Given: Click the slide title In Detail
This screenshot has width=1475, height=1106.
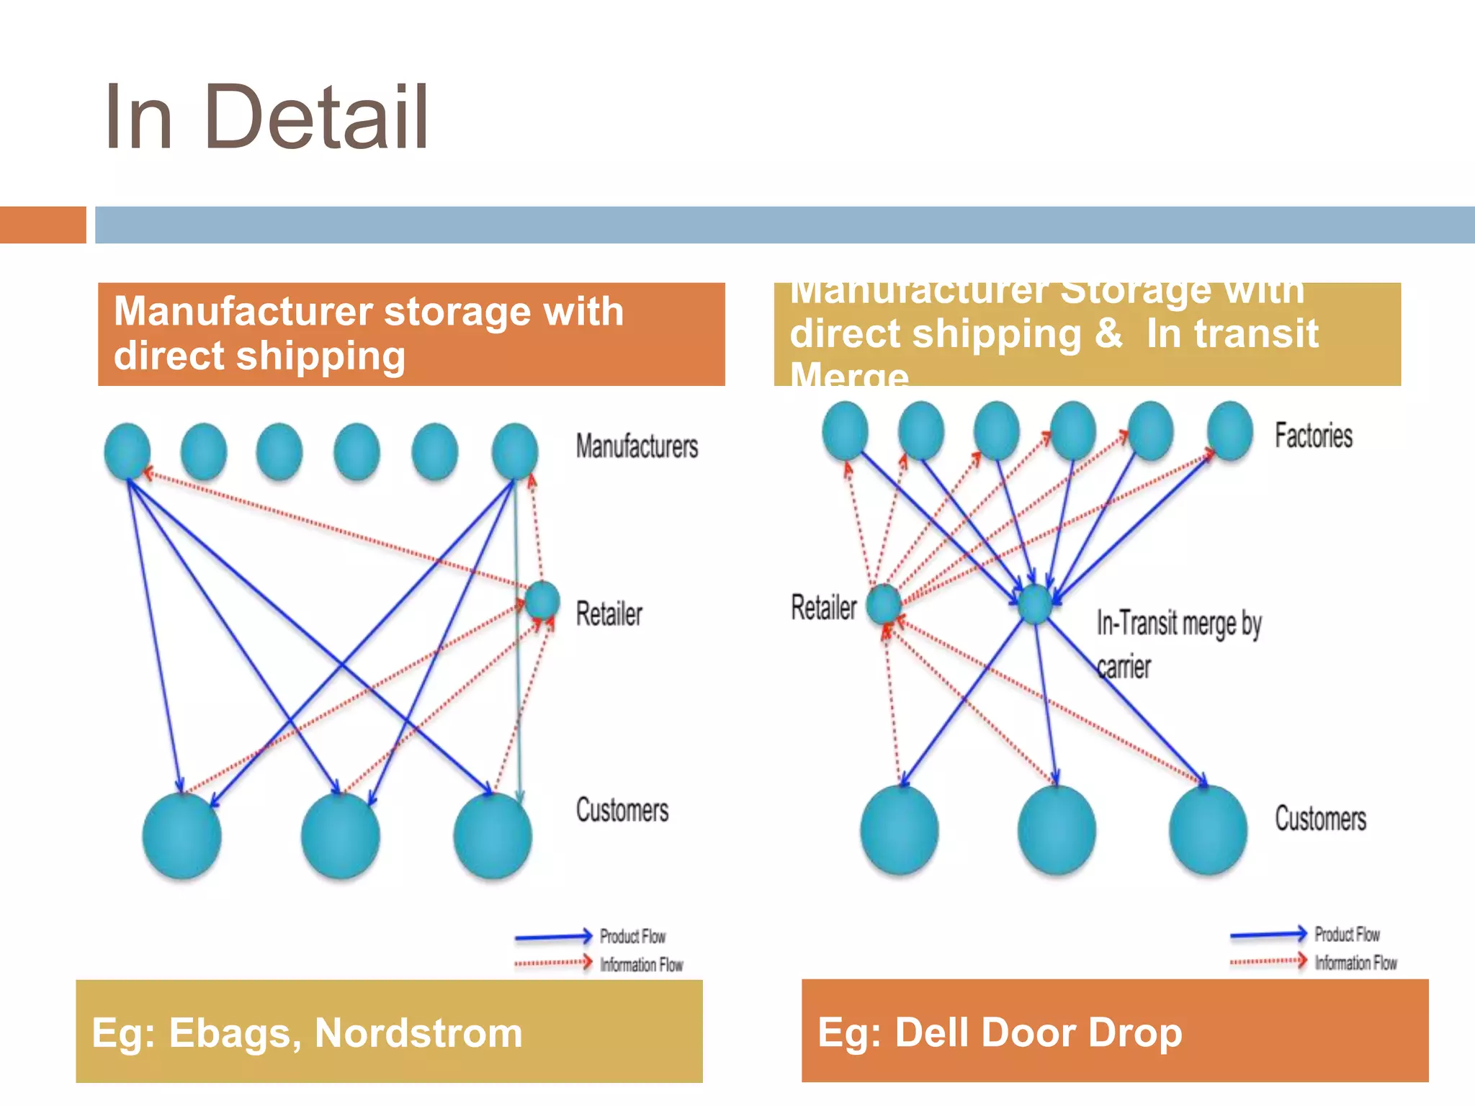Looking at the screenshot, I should point(266,117).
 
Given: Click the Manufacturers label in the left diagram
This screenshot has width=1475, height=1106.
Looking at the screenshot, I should point(637,446).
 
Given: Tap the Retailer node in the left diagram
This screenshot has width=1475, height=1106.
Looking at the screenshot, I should point(542,601).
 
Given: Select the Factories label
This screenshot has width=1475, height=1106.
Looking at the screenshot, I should point(1313,436).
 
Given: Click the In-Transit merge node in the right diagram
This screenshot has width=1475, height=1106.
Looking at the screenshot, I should point(1035,603).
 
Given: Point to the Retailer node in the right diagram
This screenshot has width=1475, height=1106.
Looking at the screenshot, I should point(884,603).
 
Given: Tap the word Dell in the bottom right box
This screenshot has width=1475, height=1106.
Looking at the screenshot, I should point(933,1033).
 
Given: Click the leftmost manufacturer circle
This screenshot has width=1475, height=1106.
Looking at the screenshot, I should point(127,451).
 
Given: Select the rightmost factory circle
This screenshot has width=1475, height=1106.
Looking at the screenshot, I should point(1229,431).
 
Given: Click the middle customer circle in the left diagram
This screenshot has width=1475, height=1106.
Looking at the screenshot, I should point(340,835).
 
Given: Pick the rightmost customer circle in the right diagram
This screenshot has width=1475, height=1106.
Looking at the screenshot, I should point(1208,829).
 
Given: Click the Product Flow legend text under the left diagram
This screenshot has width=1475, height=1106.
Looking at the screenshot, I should point(632,936).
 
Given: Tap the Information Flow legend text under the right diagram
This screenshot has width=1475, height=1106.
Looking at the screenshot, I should point(1355,963).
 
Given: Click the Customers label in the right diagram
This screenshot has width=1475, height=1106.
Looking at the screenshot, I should point(1320,819).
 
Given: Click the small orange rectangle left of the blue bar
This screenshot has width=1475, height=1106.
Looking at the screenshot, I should point(42,225).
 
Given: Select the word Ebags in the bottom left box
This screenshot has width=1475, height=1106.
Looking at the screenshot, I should point(229,1033).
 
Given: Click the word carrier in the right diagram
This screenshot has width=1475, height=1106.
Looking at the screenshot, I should point(1124,667).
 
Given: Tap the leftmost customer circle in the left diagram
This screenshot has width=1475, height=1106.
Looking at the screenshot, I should point(181,835).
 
